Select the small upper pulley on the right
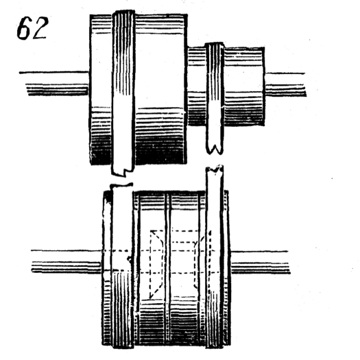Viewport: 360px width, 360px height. click(x=240, y=86)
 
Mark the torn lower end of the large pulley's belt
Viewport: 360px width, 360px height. click(x=122, y=169)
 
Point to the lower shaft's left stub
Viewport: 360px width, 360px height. click(x=65, y=261)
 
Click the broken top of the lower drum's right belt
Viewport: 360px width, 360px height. click(x=215, y=171)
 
